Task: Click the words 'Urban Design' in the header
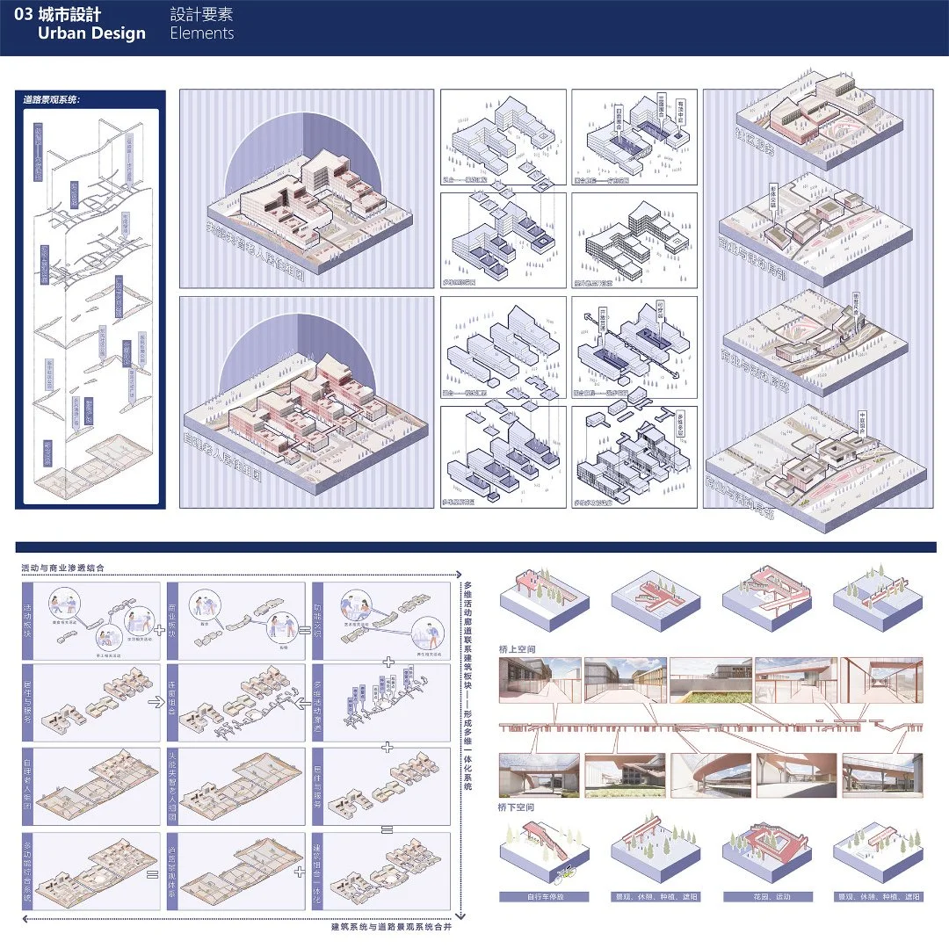click(x=91, y=33)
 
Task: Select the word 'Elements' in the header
click(x=202, y=33)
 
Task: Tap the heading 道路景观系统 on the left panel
click(x=52, y=99)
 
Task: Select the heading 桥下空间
click(x=517, y=807)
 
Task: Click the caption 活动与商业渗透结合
click(x=63, y=569)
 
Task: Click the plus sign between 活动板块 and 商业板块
click(x=158, y=630)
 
